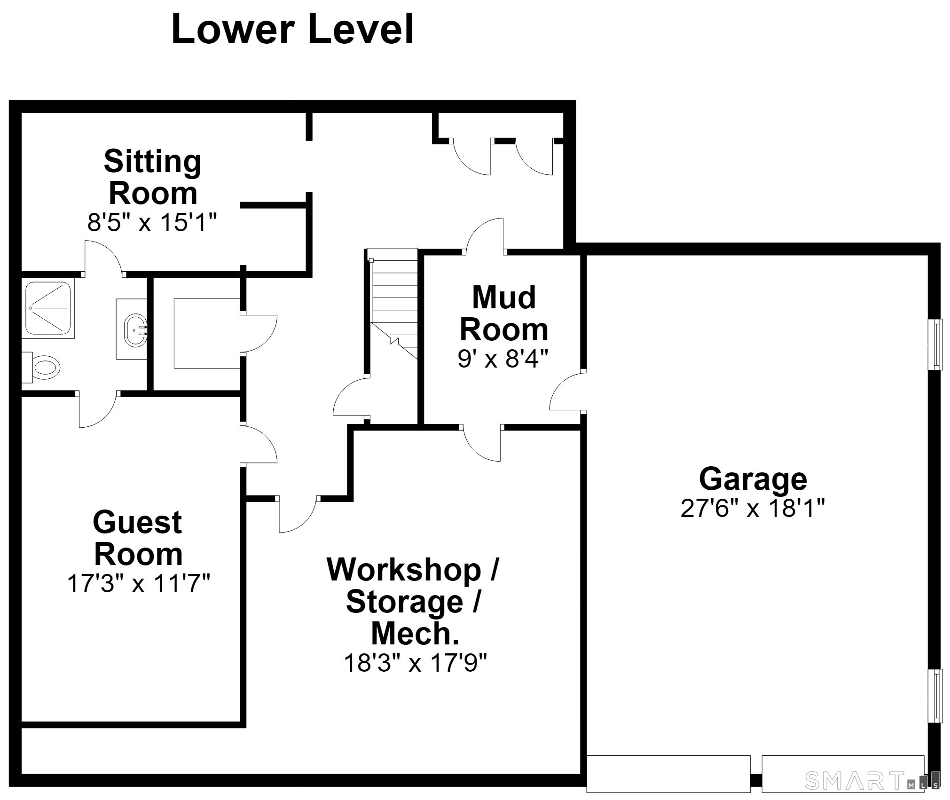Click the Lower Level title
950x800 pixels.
[292, 29]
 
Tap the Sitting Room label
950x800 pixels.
[153, 177]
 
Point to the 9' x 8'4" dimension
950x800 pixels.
[503, 359]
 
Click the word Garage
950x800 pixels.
[753, 480]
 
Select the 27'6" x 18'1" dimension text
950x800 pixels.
[753, 508]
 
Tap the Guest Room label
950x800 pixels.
[138, 538]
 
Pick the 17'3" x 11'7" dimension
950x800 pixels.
[139, 584]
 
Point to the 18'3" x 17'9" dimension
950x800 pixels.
[415, 663]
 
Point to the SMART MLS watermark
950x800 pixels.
[872, 781]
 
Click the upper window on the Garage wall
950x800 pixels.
[935, 345]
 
